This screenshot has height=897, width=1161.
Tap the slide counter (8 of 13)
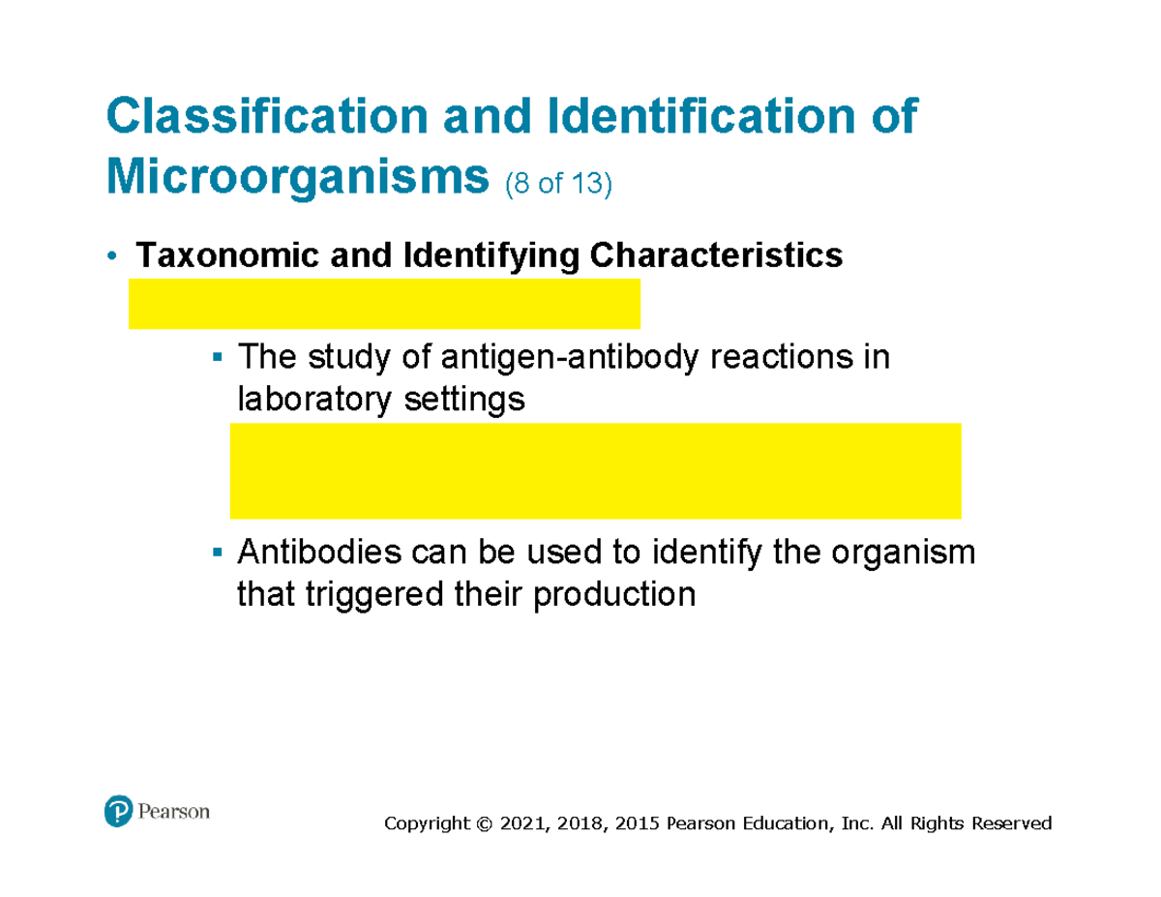[556, 183]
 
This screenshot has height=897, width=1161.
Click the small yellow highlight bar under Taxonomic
[384, 304]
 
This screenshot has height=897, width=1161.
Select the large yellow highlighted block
[595, 470]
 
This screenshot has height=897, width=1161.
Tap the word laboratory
[308, 399]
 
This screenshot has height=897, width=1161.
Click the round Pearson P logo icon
[117, 811]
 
